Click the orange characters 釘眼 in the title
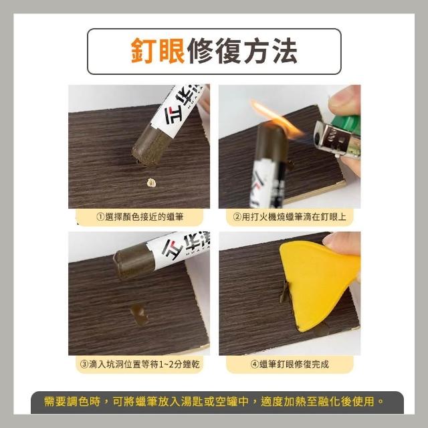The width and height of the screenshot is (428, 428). click(158, 51)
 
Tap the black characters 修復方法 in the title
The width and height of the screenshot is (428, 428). click(242, 51)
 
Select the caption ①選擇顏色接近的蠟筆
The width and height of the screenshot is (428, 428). click(140, 217)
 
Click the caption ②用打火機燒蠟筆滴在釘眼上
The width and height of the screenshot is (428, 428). click(290, 217)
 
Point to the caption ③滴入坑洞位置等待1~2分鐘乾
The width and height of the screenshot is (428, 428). click(140, 364)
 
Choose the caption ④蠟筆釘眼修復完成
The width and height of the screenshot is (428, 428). click(290, 364)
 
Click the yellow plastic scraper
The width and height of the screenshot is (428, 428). click(318, 284)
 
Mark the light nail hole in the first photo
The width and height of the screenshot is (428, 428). click(152, 183)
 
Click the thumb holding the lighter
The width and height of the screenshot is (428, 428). click(344, 100)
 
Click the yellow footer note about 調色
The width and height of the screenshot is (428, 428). click(214, 401)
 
